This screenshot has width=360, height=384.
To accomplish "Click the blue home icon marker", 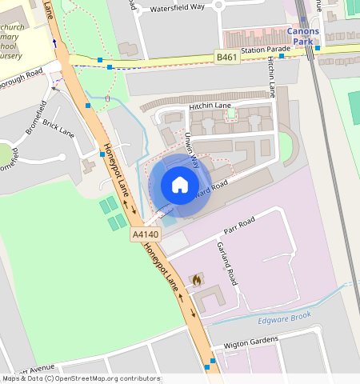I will pos(180,185).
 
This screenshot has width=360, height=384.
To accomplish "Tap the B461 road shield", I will pos(227,57).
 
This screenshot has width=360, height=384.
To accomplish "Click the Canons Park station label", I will pos(303,36).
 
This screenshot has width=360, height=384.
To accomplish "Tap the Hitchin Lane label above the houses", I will pos(210,106).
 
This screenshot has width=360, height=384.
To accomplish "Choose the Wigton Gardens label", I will pos(251,342).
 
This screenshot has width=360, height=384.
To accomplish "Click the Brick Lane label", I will pos(58,128).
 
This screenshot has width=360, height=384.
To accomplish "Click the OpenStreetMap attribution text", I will pos(80,378).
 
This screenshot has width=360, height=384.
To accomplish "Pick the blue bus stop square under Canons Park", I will pos(318,47).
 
